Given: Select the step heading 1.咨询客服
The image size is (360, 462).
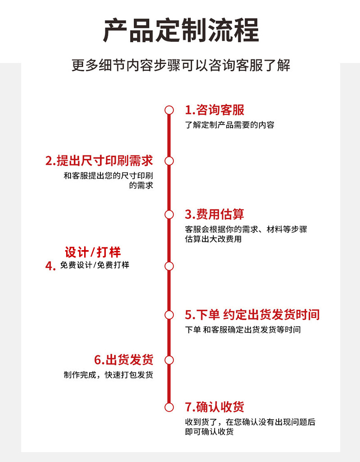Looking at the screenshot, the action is [215, 110].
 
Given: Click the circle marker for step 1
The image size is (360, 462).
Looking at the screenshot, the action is [169, 110].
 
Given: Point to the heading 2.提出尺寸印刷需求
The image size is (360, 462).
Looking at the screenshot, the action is [99, 161].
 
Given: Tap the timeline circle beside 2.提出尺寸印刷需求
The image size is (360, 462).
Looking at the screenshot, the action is [169, 161].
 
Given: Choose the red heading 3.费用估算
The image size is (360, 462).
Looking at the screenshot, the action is [215, 214].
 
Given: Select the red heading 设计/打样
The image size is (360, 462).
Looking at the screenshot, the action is [93, 252].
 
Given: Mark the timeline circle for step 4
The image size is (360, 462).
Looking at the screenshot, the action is [169, 266].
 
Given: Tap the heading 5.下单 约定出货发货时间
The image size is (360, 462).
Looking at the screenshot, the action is [252, 314].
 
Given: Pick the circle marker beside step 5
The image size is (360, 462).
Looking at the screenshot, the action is [169, 314].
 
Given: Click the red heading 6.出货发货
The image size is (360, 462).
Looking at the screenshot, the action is [124, 359].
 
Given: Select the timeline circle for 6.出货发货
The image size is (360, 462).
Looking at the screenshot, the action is [169, 359].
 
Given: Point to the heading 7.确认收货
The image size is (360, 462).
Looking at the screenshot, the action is [215, 407].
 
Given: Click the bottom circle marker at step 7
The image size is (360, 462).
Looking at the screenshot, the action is [169, 407].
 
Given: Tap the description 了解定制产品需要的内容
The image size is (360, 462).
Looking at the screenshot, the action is [229, 125].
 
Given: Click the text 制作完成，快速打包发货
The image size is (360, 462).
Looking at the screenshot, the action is [108, 375].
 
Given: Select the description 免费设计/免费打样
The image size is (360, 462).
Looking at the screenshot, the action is [94, 265].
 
